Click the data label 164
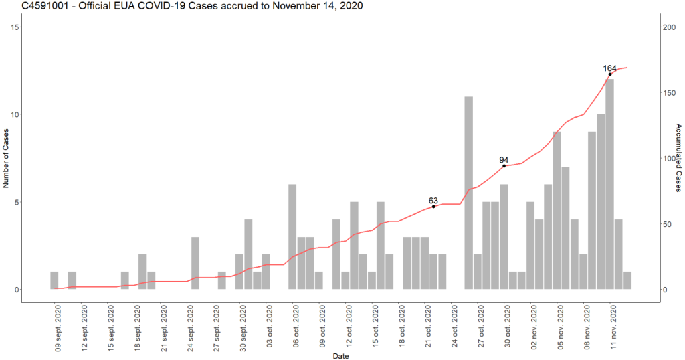[610, 68]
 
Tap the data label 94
[504, 160]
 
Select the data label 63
[433, 201]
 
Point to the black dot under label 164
[610, 74]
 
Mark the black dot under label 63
[433, 207]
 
